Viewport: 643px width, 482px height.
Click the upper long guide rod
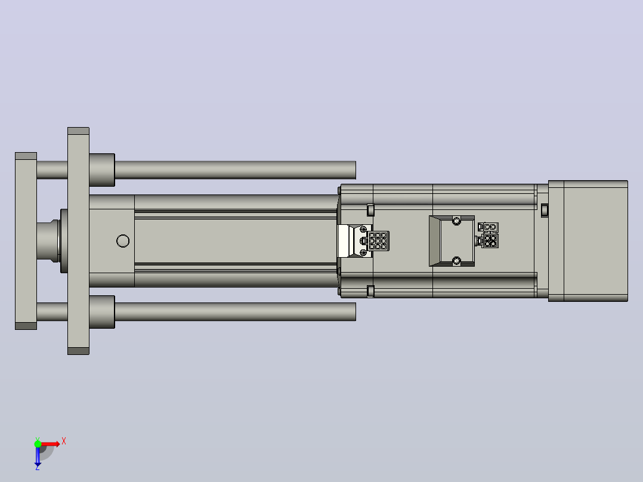(235, 170)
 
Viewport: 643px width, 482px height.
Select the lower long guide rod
(235, 312)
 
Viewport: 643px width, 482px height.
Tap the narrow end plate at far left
(26, 241)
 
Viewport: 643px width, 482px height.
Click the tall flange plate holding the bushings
(78, 241)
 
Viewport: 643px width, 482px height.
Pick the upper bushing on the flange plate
(102, 170)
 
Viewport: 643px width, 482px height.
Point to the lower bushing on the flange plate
(102, 312)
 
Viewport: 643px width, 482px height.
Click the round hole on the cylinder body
(123, 241)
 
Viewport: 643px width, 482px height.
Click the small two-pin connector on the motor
(489, 227)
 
